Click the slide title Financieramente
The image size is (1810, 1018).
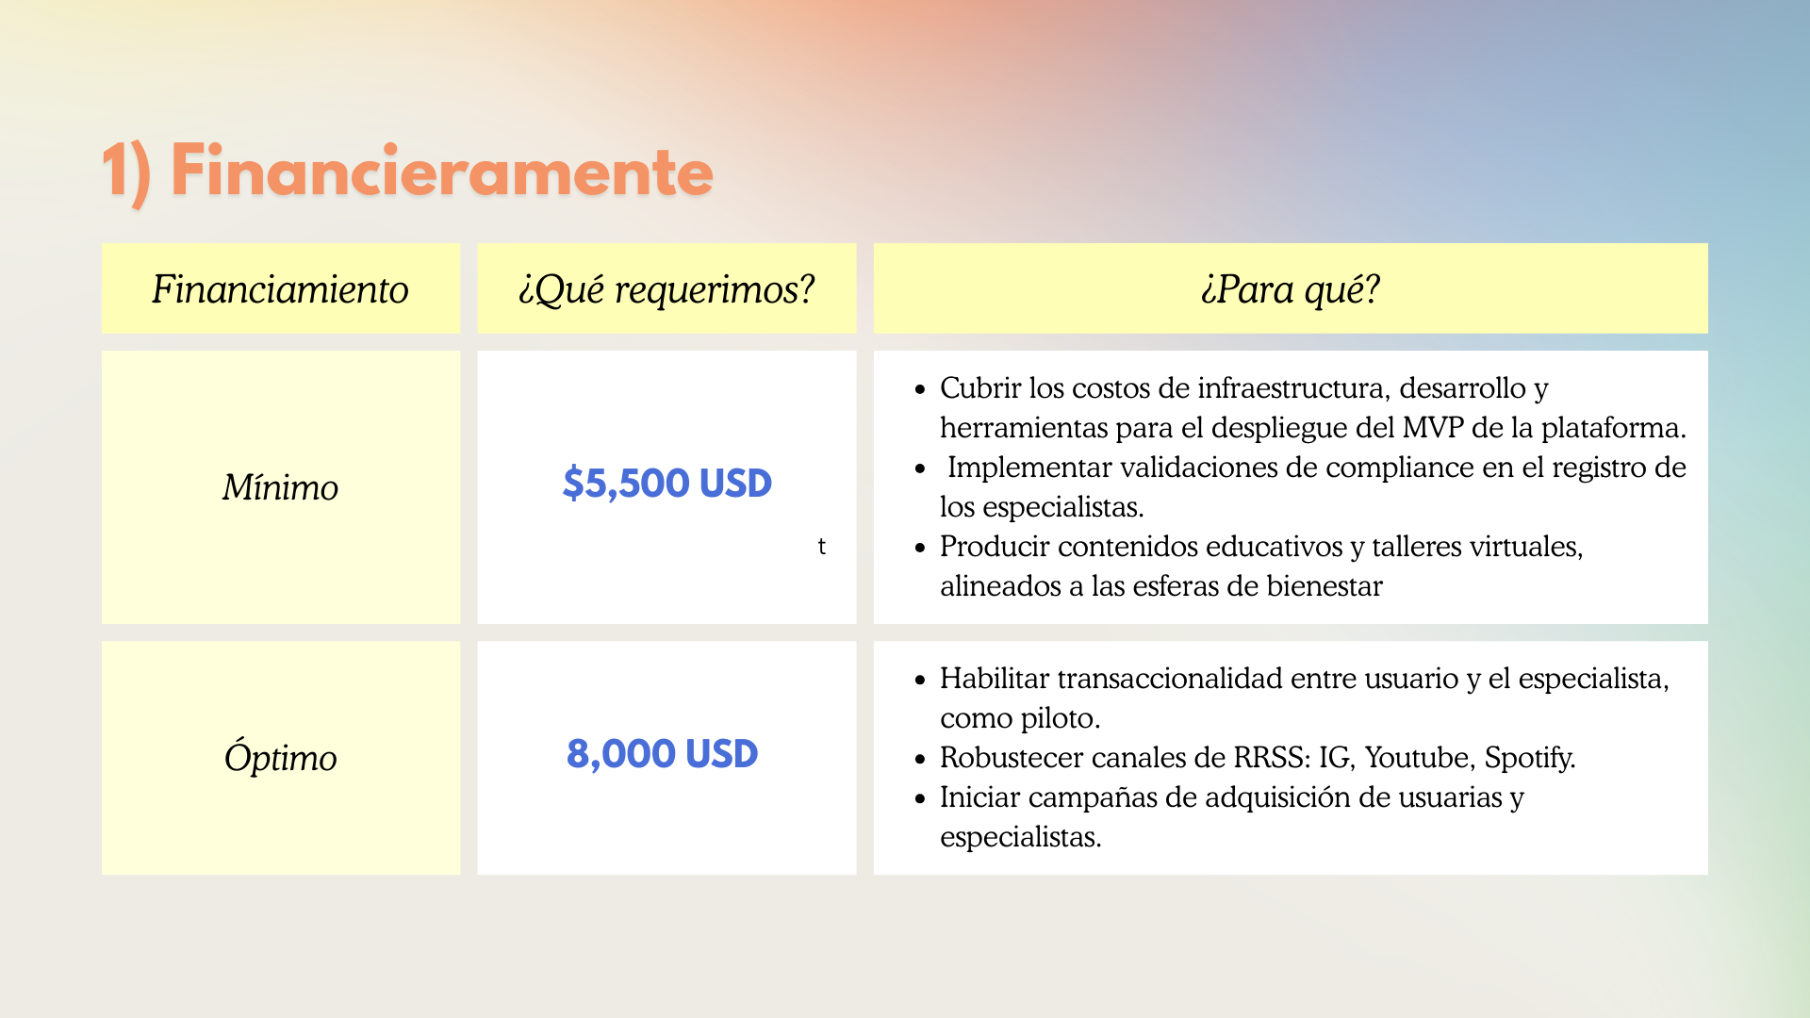tap(407, 172)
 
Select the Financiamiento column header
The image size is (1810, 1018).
tap(280, 289)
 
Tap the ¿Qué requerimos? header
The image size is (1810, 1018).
tap(666, 289)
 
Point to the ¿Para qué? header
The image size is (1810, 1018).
tap(1291, 289)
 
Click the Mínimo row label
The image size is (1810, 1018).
tap(280, 487)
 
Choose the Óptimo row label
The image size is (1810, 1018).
tap(280, 757)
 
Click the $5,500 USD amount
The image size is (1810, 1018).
tap(667, 484)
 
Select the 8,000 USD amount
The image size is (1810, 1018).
tap(663, 754)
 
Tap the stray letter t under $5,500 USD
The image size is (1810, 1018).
tap(822, 547)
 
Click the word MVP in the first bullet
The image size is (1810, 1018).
tap(1433, 428)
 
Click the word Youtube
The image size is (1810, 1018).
tap(1420, 758)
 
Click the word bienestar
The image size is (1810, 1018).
tap(1325, 586)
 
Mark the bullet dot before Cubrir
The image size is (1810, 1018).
tap(920, 389)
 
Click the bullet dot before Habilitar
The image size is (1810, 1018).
tap(920, 680)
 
